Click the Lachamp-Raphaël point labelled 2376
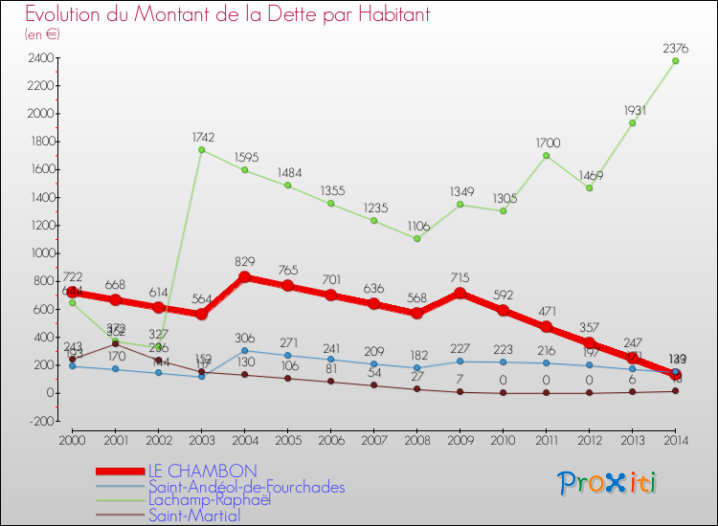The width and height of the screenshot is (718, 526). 676,60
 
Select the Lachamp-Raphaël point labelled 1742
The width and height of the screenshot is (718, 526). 201,149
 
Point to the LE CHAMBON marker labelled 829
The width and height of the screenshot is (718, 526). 244,277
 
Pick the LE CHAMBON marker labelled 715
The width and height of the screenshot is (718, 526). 460,293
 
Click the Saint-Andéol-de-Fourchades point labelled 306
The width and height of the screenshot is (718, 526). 244,350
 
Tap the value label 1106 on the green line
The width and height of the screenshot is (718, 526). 416,227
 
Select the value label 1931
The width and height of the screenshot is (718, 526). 632,111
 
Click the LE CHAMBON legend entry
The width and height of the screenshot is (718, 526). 202,471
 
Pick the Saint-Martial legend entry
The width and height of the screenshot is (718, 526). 195,515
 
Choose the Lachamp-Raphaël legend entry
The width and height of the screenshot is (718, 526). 210,500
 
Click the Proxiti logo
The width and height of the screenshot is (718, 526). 607,483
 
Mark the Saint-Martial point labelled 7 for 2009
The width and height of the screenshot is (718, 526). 460,391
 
